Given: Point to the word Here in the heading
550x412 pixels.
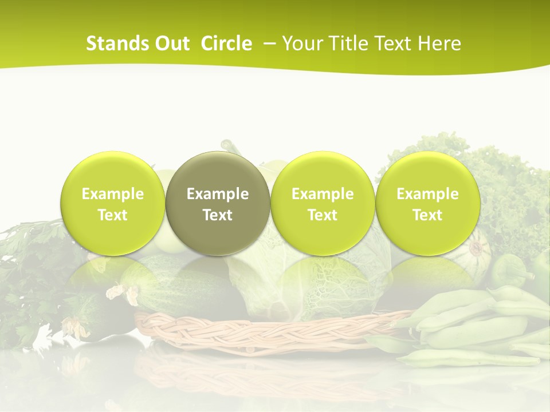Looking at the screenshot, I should [439, 43].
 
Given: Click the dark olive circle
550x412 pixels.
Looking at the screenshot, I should [218, 203].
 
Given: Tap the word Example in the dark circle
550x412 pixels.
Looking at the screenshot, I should [218, 194].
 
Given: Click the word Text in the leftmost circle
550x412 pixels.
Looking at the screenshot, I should [112, 215].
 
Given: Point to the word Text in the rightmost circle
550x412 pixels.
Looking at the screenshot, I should [427, 215].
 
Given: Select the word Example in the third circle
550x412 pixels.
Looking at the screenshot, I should [323, 194].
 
